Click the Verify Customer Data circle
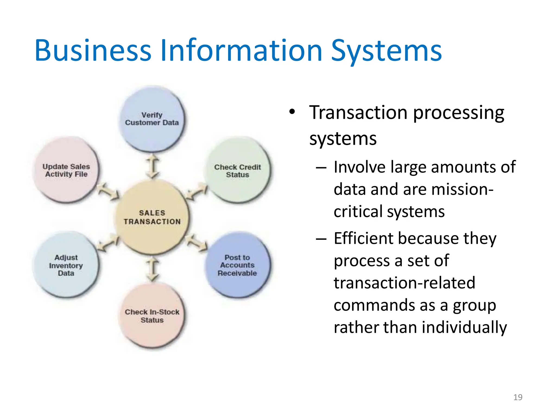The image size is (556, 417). coord(152,119)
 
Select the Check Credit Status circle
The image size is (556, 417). coord(238,170)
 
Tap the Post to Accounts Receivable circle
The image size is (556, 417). coord(238,265)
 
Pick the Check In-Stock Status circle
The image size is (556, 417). coord(152,316)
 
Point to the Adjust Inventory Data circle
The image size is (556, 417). coord(66,265)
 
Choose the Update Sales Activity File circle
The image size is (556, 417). coord(66,170)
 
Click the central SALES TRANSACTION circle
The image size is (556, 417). coord(152,217)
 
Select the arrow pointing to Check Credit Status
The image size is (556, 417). coord(197,192)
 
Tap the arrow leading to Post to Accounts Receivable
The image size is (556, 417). coord(197,242)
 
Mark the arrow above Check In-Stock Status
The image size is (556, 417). coord(152,270)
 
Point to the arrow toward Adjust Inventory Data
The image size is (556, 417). coord(108,242)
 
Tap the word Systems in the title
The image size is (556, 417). coord(387,51)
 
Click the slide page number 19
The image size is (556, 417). coord(518,397)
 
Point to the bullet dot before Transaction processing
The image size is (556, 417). coord(292,112)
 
